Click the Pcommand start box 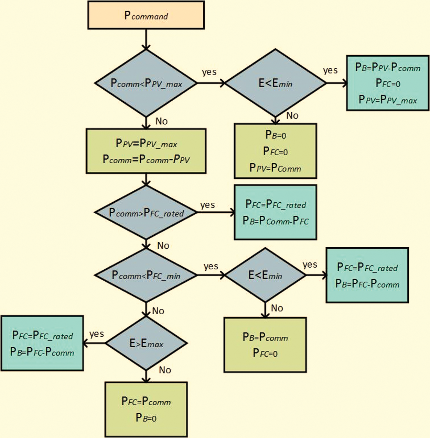pyautogui.click(x=146, y=15)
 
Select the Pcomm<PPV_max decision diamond pyautogui.click(x=146, y=83)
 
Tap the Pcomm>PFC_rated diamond pyautogui.click(x=146, y=212)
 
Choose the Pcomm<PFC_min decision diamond pyautogui.click(x=146, y=275)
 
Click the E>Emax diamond pyautogui.click(x=146, y=343)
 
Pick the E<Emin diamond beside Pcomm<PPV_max pyautogui.click(x=275, y=83)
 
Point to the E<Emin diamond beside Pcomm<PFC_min pyautogui.click(x=265, y=275)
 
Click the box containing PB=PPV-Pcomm pyautogui.click(x=388, y=83)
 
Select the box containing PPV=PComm pyautogui.click(x=275, y=151)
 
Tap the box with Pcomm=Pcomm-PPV pyautogui.click(x=146, y=151)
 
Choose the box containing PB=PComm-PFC pyautogui.click(x=275, y=212)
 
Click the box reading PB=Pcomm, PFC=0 pyautogui.click(x=265, y=345)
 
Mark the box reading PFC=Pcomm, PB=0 pyautogui.click(x=146, y=409)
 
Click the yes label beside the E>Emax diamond pyautogui.click(x=97, y=334)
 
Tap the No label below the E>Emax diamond pyautogui.click(x=165, y=370)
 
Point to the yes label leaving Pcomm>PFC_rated pyautogui.click(x=207, y=205)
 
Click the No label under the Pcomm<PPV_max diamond pyautogui.click(x=161, y=121)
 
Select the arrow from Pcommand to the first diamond pyautogui.click(x=146, y=39)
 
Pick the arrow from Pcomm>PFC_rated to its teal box pyautogui.click(x=216, y=212)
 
